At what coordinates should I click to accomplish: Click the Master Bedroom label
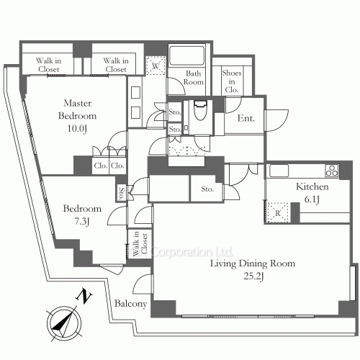tap(77, 109)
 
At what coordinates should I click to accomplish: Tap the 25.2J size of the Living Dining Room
tap(254, 276)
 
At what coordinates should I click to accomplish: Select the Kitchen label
tap(312, 186)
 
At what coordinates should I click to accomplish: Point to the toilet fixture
tap(200, 110)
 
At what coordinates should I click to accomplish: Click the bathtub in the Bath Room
tap(186, 55)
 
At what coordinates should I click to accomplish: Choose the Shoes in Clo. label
tap(232, 81)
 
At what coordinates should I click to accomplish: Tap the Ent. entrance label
tap(246, 118)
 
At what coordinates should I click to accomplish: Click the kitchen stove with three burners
tap(332, 171)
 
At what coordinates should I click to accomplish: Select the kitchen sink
tap(279, 171)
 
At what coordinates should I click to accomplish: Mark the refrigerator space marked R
tap(278, 212)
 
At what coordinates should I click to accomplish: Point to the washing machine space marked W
tap(156, 66)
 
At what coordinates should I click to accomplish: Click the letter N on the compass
tap(84, 297)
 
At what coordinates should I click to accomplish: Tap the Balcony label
tap(130, 304)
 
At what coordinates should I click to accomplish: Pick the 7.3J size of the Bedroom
tap(82, 221)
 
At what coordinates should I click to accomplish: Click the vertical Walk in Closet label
tap(140, 243)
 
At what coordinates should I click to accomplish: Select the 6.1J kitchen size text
tap(312, 199)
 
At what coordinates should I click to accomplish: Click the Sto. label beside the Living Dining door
tap(207, 189)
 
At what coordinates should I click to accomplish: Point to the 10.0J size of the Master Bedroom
tap(77, 129)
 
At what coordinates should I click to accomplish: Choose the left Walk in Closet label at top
tap(48, 65)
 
